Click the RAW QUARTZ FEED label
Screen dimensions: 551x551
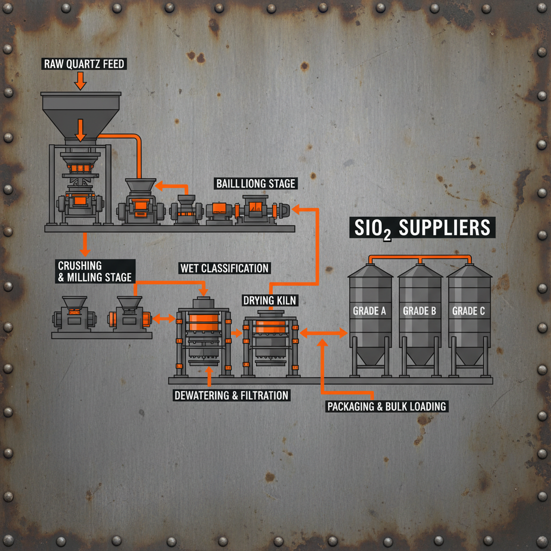click(x=83, y=65)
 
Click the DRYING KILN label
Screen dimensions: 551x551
click(x=269, y=300)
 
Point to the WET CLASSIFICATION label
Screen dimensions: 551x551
click(x=224, y=267)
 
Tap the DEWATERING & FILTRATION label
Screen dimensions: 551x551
click(x=231, y=395)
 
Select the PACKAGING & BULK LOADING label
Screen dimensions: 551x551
click(x=387, y=406)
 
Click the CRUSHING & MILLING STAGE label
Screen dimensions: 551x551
click(x=94, y=271)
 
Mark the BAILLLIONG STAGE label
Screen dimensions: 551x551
click(x=256, y=183)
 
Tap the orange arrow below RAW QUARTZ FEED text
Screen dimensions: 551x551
click(x=80, y=81)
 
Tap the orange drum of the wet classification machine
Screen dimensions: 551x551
click(x=203, y=323)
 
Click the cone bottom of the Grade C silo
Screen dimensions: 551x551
click(x=469, y=355)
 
